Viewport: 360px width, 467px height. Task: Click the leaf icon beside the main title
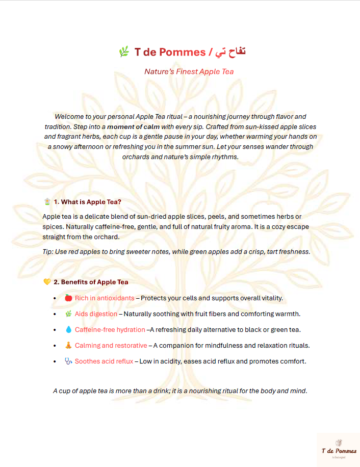coord(123,51)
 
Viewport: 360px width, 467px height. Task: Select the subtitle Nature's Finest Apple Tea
coord(189,71)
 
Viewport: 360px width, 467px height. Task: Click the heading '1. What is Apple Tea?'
coord(87,202)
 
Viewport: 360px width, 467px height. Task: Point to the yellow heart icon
coord(47,282)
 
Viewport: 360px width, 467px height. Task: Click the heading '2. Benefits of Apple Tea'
coord(91,282)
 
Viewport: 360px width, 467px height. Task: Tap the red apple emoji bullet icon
coord(68,298)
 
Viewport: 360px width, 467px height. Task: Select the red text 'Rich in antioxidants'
coord(105,298)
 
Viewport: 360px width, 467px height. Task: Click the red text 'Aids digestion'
coord(96,314)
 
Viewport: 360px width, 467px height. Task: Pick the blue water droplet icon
coord(68,330)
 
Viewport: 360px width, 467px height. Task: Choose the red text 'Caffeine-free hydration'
coord(110,330)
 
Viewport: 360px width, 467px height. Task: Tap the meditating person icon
coord(68,346)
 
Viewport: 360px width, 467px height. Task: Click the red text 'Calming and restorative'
coord(111,346)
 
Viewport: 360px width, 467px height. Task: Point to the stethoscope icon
coord(68,361)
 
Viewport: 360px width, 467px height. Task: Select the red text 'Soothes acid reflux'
coord(104,361)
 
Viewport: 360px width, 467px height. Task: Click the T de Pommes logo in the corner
coord(339,450)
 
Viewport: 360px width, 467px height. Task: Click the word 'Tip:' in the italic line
coord(49,252)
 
